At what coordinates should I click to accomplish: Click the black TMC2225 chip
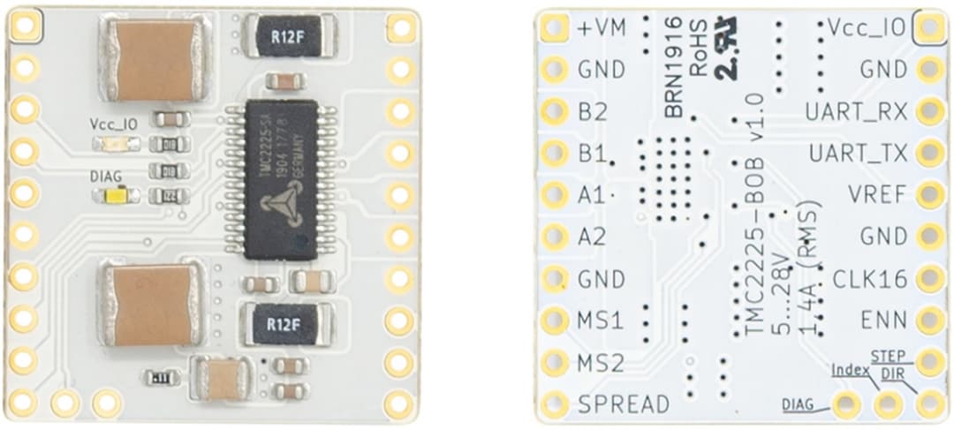click(x=281, y=179)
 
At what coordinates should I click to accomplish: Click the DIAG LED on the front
click(x=112, y=196)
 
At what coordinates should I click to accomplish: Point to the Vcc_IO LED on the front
click(x=112, y=145)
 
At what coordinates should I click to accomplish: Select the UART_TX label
click(x=858, y=153)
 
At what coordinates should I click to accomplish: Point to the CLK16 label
click(x=870, y=279)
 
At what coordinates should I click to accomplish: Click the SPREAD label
click(x=623, y=404)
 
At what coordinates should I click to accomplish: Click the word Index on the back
click(x=849, y=369)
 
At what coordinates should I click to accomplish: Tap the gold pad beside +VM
click(x=554, y=29)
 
